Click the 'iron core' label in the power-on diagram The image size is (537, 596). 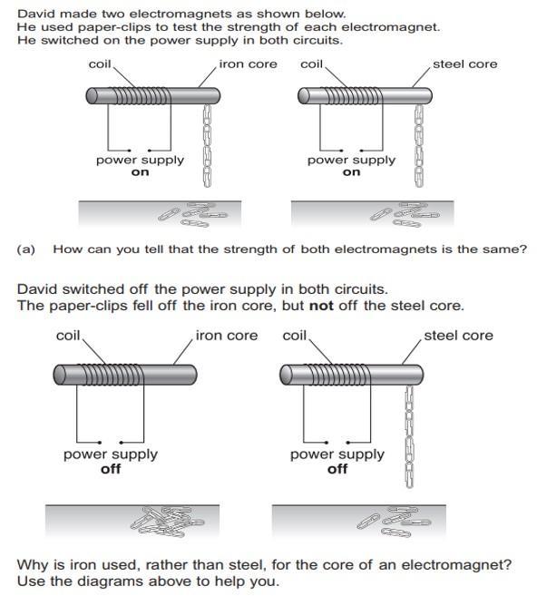pyautogui.click(x=249, y=64)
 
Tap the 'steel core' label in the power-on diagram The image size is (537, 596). pyautogui.click(x=464, y=64)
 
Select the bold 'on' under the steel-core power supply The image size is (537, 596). pyautogui.click(x=351, y=172)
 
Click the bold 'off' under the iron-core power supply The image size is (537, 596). pyautogui.click(x=111, y=469)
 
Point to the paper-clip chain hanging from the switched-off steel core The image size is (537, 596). pyautogui.click(x=409, y=436)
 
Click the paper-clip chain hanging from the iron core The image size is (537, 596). pyautogui.click(x=207, y=146)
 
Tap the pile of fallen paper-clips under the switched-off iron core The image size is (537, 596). pyautogui.click(x=167, y=521)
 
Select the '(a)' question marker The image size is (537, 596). pyautogui.click(x=25, y=249)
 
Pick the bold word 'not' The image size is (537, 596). pyautogui.click(x=321, y=306)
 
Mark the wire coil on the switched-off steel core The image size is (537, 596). pyautogui.click(x=337, y=375)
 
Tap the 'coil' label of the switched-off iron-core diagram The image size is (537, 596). pyautogui.click(x=68, y=336)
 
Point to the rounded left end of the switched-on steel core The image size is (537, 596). pyautogui.click(x=304, y=96)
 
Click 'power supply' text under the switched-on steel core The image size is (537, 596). pyautogui.click(x=351, y=161)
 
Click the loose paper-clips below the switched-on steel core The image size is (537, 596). pyautogui.click(x=405, y=215)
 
